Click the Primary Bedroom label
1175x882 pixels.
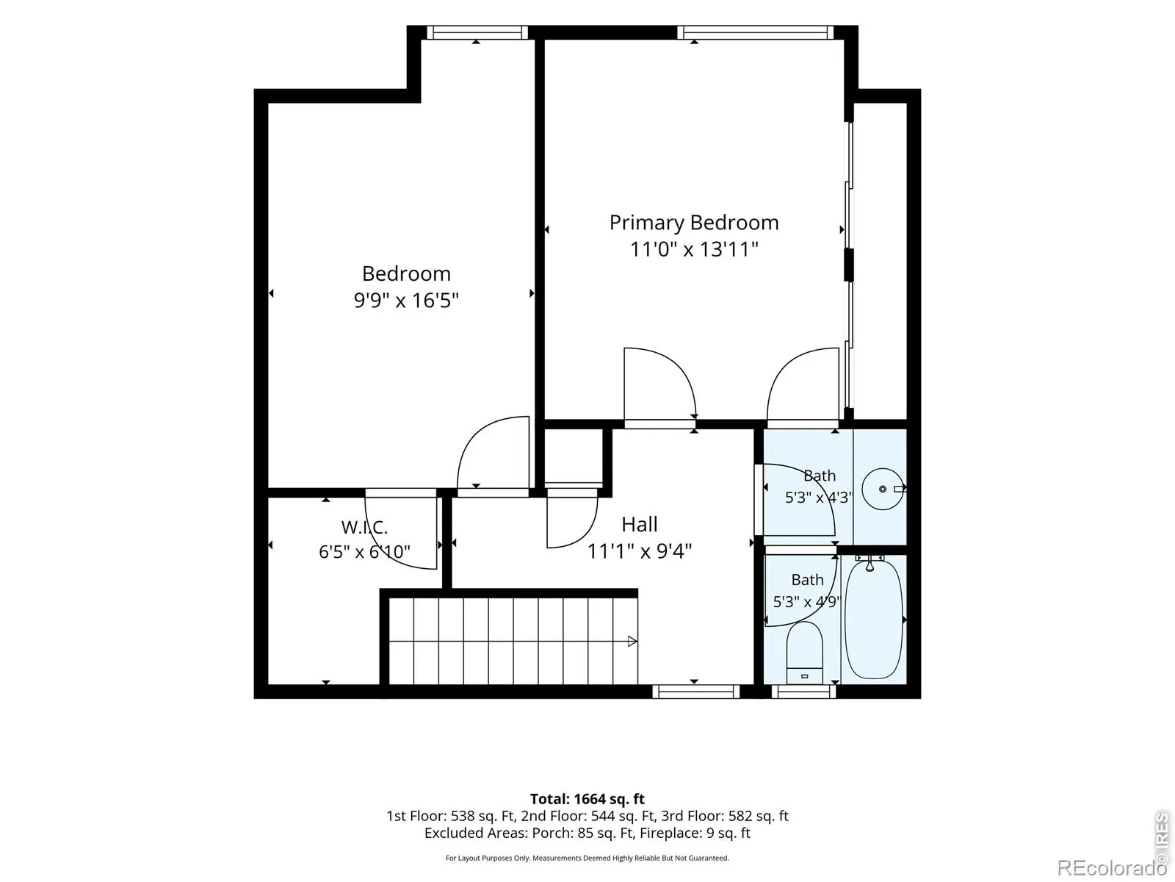[x=694, y=223]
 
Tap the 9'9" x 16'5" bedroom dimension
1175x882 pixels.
[x=406, y=301]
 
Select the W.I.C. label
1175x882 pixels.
[x=364, y=528]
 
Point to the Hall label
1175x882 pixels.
[x=639, y=524]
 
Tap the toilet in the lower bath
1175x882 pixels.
[x=804, y=653]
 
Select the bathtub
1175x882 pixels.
[x=873, y=619]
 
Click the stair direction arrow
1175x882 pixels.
[x=632, y=641]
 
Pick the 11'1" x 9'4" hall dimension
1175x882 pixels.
[x=639, y=551]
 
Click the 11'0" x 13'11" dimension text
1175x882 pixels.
[x=694, y=250]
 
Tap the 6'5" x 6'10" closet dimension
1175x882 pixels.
[x=364, y=551]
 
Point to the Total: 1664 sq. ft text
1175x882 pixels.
[x=587, y=799]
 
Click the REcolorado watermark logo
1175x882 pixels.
[x=1111, y=867]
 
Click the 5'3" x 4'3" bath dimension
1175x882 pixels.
[x=819, y=498]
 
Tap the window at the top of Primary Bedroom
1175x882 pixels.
[x=756, y=32]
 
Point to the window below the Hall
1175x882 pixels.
[x=696, y=692]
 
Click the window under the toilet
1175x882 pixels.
[x=803, y=692]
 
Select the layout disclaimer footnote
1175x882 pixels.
[x=587, y=858]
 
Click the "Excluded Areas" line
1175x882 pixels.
[x=587, y=833]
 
